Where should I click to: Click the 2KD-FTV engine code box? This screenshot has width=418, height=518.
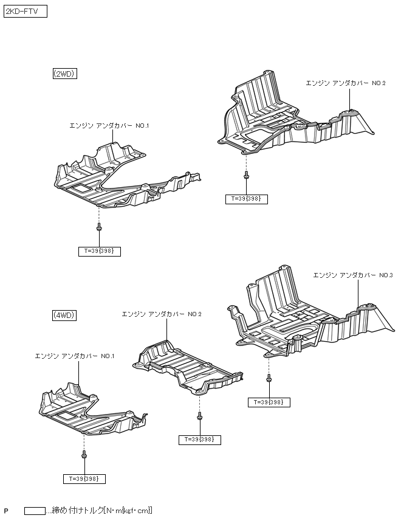(x=26, y=12)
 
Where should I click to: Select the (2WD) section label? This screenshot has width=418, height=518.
(x=64, y=74)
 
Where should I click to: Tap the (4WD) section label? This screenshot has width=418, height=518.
(x=64, y=315)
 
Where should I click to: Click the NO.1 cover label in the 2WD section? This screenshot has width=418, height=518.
(x=109, y=125)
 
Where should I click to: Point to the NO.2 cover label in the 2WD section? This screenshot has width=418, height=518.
(x=345, y=83)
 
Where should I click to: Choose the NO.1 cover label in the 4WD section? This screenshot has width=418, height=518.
(x=75, y=356)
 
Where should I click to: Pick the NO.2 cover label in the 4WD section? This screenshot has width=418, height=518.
(x=162, y=314)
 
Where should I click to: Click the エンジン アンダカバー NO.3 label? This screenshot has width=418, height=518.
(x=352, y=275)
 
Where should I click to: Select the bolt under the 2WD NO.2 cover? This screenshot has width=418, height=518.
(x=245, y=176)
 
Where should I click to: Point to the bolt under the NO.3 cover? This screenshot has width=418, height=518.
(x=269, y=379)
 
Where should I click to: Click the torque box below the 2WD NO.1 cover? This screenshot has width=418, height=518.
(x=100, y=251)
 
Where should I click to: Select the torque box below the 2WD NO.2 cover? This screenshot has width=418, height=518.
(x=246, y=199)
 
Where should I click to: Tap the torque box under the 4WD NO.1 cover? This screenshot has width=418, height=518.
(x=84, y=478)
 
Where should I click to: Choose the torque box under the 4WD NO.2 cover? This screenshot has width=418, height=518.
(x=200, y=439)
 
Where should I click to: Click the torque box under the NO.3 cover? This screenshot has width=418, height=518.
(x=269, y=402)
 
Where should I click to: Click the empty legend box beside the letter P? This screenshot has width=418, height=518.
(x=35, y=511)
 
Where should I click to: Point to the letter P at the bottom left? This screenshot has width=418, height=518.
(x=6, y=511)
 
